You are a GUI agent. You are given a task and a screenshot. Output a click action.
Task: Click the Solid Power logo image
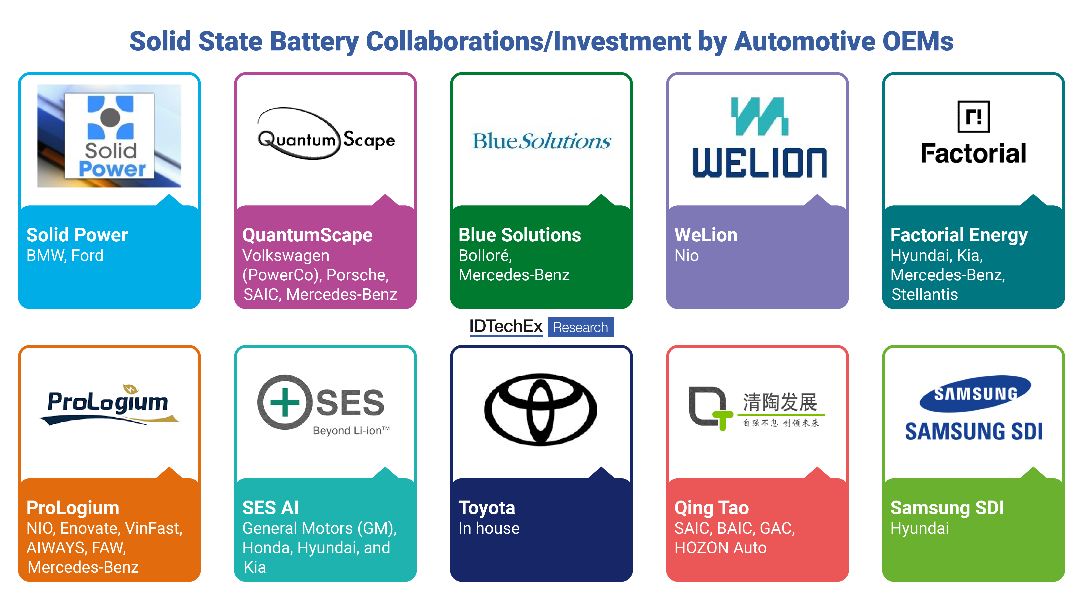[109, 136]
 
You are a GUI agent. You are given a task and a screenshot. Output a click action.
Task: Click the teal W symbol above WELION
[759, 116]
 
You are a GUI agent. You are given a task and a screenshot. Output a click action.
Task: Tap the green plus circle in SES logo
[285, 402]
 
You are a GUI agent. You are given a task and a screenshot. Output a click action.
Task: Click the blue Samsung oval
[975, 393]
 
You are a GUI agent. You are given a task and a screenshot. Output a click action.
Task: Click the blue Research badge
[581, 327]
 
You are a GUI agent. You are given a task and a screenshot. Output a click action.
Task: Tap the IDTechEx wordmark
[506, 326]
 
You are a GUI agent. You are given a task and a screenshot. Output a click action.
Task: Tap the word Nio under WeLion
[687, 255]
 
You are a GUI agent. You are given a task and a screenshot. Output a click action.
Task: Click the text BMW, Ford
[65, 255]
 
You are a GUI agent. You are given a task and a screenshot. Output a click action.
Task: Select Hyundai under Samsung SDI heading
[919, 528]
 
